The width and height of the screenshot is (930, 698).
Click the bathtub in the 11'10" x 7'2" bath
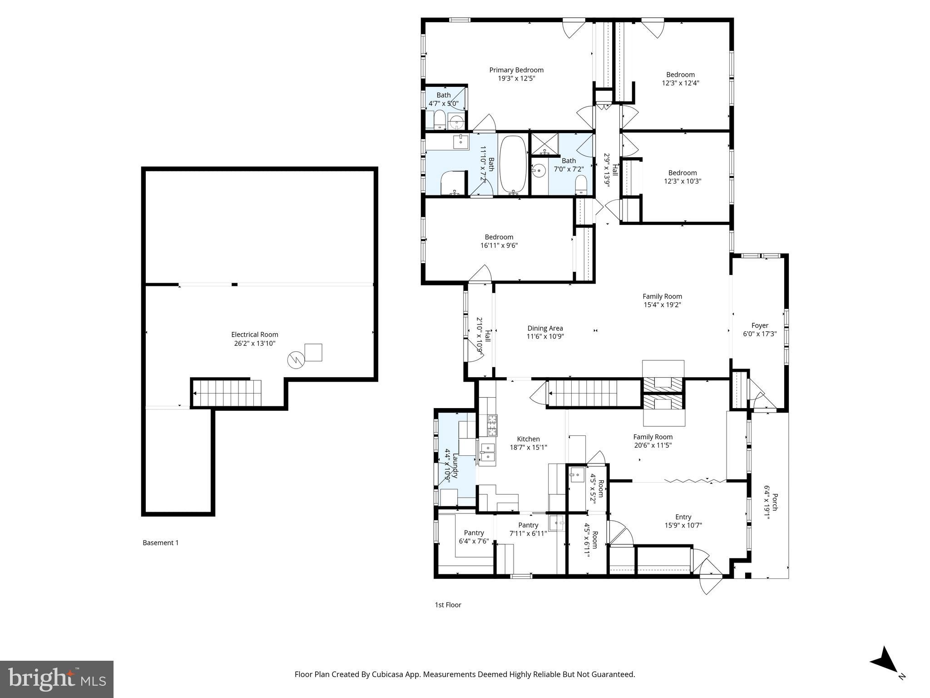(513, 165)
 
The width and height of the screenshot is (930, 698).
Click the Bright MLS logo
(57, 679)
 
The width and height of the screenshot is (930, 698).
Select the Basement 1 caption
(161, 543)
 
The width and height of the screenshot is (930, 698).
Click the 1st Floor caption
(448, 605)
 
